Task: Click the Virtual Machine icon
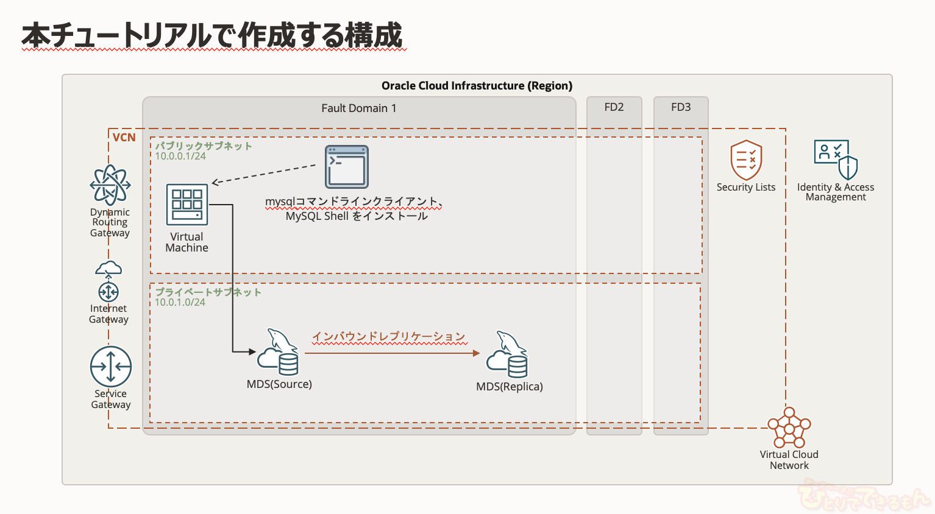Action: (187, 205)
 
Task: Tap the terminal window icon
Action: (347, 167)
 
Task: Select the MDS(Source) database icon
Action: (279, 353)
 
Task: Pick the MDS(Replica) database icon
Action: (507, 354)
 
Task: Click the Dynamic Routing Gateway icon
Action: (110, 185)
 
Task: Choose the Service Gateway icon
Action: (111, 367)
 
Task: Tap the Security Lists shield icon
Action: (746, 160)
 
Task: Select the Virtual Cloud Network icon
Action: (789, 428)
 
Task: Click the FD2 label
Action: (614, 107)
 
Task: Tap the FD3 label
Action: (681, 107)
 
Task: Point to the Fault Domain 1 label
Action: (359, 108)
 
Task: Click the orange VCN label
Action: (124, 138)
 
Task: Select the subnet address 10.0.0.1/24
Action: (180, 157)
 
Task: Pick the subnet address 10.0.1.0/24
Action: (180, 303)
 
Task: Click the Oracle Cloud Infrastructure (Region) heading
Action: (477, 86)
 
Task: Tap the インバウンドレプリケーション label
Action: (389, 337)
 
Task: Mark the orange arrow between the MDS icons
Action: (392, 353)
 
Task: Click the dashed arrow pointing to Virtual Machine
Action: (263, 174)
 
